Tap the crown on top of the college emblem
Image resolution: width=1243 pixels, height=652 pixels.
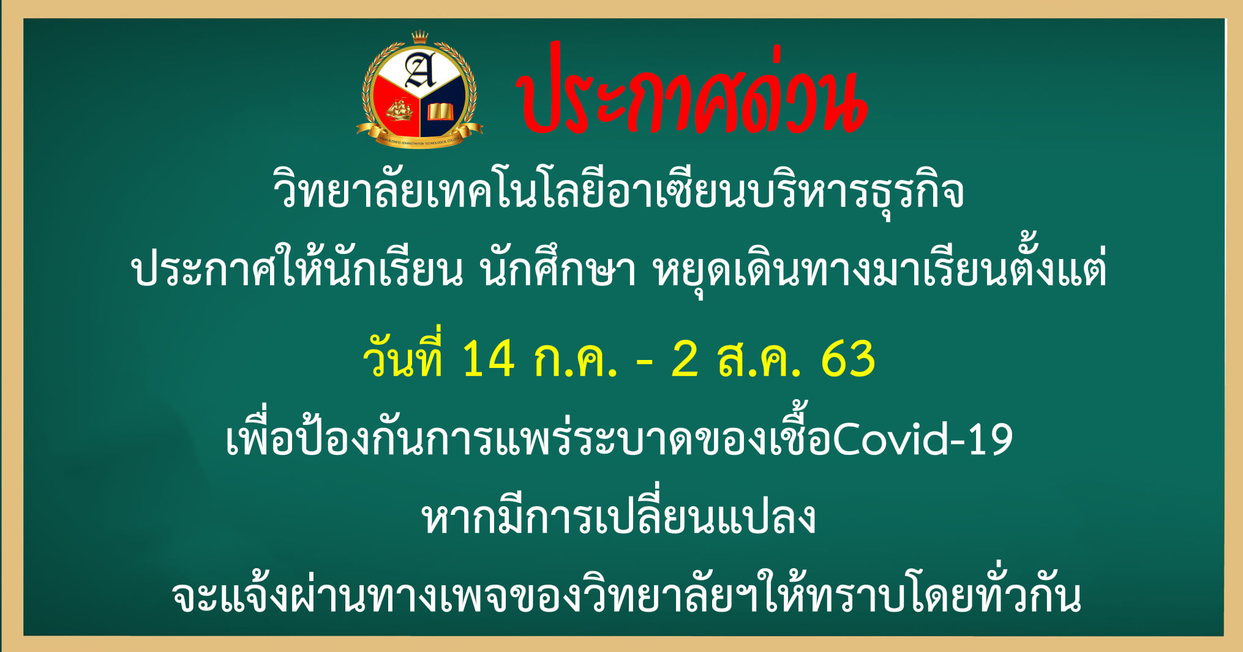point(419,37)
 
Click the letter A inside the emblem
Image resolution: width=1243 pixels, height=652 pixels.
point(421,70)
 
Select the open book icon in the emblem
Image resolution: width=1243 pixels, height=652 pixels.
point(440,112)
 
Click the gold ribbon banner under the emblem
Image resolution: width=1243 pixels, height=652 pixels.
point(419,136)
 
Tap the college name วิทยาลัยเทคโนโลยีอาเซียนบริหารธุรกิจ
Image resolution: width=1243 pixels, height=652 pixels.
point(618,192)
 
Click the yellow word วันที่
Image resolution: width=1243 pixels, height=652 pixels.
point(403,355)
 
